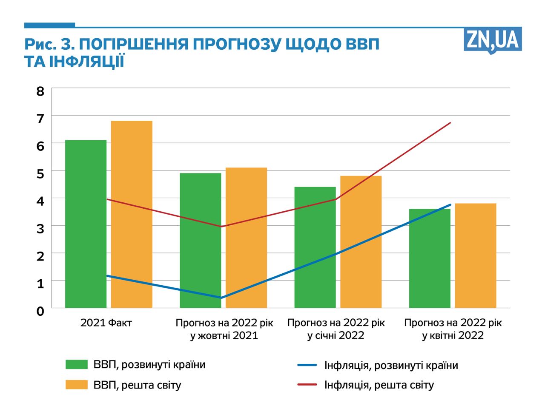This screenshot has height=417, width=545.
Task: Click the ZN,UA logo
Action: tap(493, 41)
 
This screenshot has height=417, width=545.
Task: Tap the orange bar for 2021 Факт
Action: tap(132, 214)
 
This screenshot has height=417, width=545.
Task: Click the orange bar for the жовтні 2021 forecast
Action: tap(246, 238)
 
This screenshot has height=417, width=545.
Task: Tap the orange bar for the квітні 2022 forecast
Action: tap(475, 255)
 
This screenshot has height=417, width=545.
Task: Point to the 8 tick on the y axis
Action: tap(40, 91)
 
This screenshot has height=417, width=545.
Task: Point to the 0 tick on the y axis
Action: tap(40, 311)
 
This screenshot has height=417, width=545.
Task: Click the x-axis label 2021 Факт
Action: tap(106, 323)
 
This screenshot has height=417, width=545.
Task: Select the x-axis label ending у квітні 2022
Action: tap(453, 329)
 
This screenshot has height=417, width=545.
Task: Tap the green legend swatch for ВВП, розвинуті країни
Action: tap(77, 365)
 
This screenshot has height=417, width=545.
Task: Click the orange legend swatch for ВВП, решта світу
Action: tap(77, 385)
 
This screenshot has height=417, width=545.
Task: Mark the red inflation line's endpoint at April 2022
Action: tap(450, 123)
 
